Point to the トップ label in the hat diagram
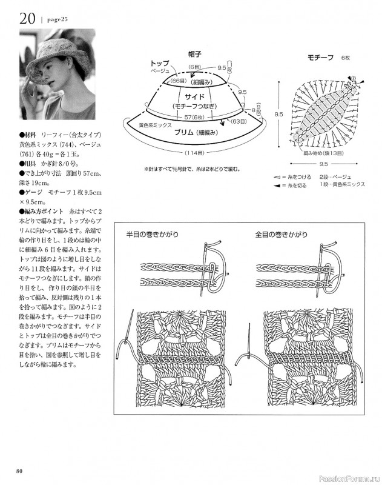(160, 63)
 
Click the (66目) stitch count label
(178, 81)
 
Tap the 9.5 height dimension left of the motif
(278, 113)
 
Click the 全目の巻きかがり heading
(282, 234)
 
